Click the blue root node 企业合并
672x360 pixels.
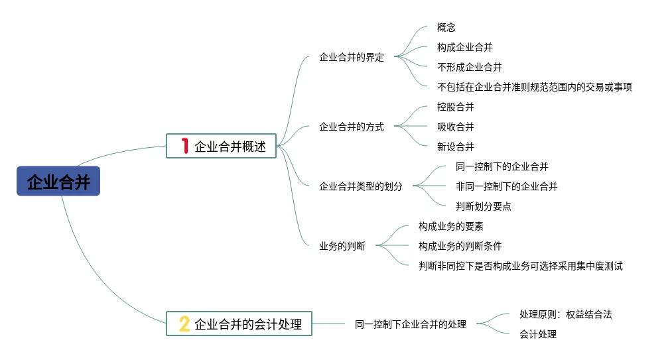tap(58, 181)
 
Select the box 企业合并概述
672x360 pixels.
tap(221, 147)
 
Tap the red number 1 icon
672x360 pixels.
tap(185, 146)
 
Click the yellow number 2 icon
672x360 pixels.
tap(184, 324)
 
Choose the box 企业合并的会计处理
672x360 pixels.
tap(239, 324)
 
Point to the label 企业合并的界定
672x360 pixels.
tap(352, 57)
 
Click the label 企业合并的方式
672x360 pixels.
tap(352, 127)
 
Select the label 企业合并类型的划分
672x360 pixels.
tap(361, 186)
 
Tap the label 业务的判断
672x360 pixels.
tap(342, 246)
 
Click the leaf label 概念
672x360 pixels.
tap(446, 27)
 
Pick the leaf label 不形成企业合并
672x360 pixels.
tap(470, 67)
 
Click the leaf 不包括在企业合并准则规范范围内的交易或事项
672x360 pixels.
tap(535, 87)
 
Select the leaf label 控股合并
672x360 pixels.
tap(456, 107)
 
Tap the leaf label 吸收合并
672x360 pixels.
tap(456, 127)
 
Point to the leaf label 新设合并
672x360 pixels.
tap(456, 147)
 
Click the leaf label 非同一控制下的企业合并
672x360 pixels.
tap(507, 186)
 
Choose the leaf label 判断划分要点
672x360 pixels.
tap(484, 206)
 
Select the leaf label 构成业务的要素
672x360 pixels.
tap(451, 226)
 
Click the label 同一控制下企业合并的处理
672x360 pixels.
tap(411, 324)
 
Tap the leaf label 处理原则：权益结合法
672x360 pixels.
tap(566, 314)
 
